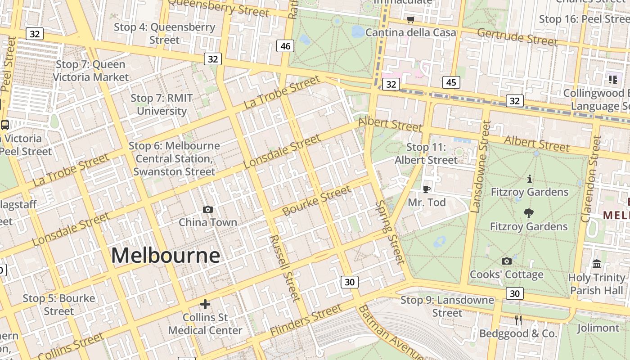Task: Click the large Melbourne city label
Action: click(166, 256)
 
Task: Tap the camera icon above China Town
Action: click(208, 209)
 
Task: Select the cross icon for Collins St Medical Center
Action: click(205, 304)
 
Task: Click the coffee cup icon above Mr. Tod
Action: click(427, 189)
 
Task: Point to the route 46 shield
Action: click(285, 46)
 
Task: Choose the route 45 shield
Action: click(451, 82)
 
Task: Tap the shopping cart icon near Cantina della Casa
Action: click(410, 19)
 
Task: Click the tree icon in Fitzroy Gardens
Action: click(529, 213)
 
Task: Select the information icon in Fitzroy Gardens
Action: click(529, 179)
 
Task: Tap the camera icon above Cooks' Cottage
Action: click(507, 261)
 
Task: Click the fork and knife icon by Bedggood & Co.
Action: click(518, 320)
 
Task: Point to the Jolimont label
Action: click(598, 328)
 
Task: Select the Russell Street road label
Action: click(284, 268)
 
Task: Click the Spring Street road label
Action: click(390, 232)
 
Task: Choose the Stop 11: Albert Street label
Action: click(426, 153)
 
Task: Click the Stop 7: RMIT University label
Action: click(162, 104)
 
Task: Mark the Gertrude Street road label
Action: click(517, 37)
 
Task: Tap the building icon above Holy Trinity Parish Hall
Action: click(597, 264)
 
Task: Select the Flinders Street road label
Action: click(306, 320)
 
